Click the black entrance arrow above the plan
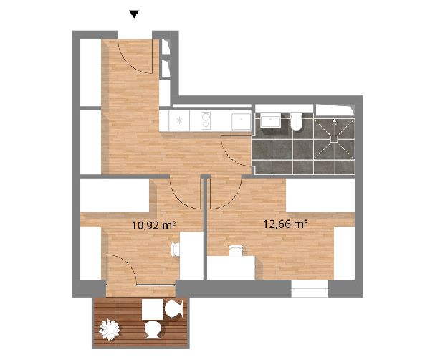tap(134, 14)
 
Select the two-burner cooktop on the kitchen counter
tap(205, 120)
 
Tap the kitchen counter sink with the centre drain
tap(241, 121)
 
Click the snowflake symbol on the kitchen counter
tap(179, 120)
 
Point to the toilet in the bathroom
tap(296, 122)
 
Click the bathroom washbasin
tap(270, 121)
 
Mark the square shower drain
tap(334, 139)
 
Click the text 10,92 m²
tap(153, 226)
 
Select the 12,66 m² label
tap(285, 224)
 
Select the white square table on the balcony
tap(153, 309)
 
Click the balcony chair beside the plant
tap(153, 330)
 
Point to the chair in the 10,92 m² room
tap(176, 250)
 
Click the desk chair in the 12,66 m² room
tap(236, 250)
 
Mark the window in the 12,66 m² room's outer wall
tap(310, 289)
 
